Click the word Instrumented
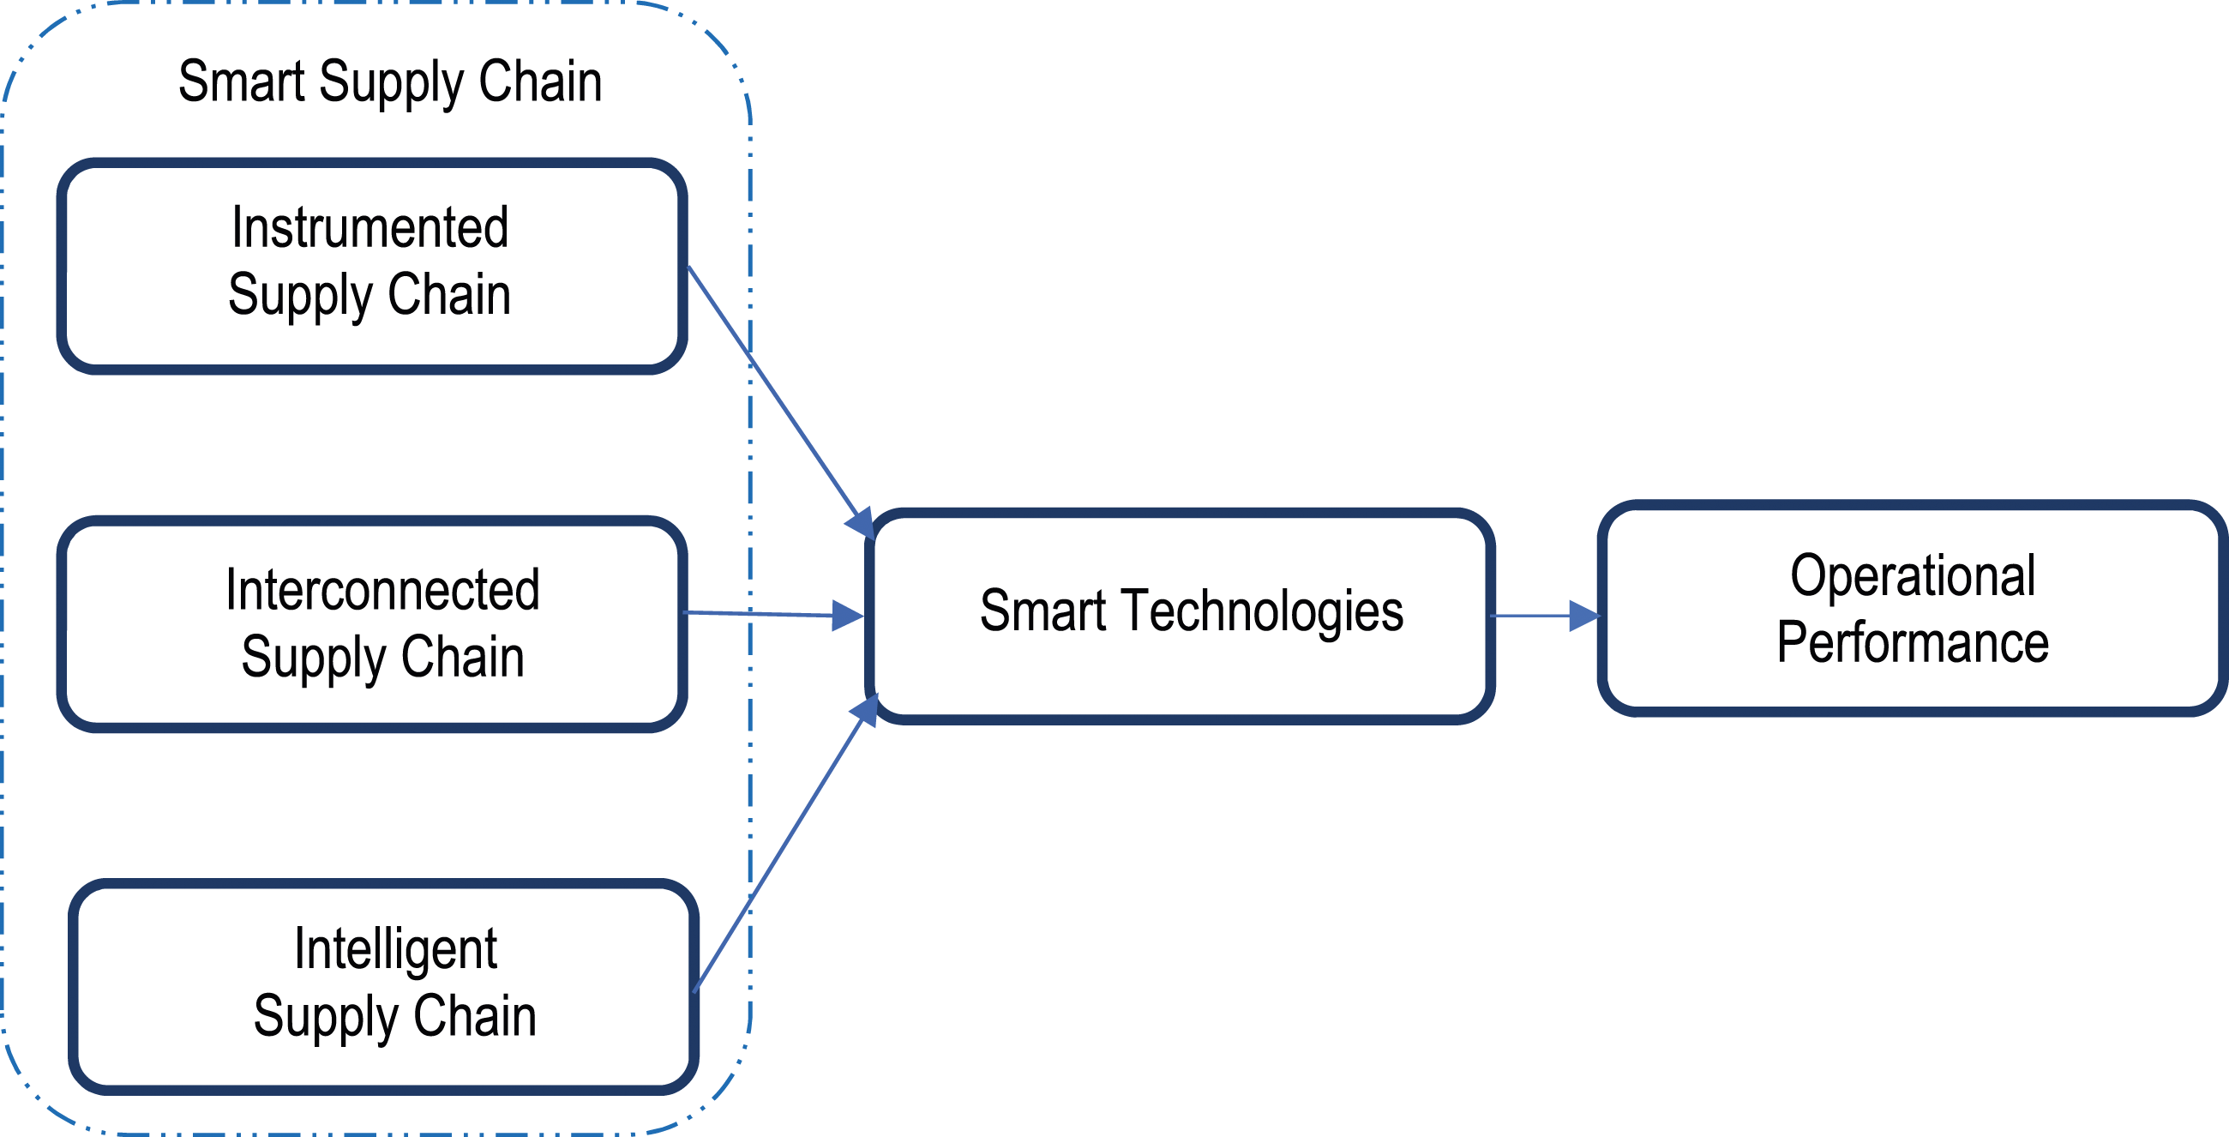click(370, 227)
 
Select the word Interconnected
click(382, 590)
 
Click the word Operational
click(1913, 576)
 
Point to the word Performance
click(1913, 643)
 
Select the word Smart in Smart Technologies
click(1042, 611)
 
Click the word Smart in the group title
click(242, 81)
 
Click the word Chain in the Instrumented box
click(449, 294)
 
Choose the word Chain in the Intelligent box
click(475, 1016)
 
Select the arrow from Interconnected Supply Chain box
click(773, 614)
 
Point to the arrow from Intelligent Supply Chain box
click(786, 841)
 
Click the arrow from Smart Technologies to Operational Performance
click(1546, 617)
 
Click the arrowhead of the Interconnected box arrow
click(848, 615)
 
